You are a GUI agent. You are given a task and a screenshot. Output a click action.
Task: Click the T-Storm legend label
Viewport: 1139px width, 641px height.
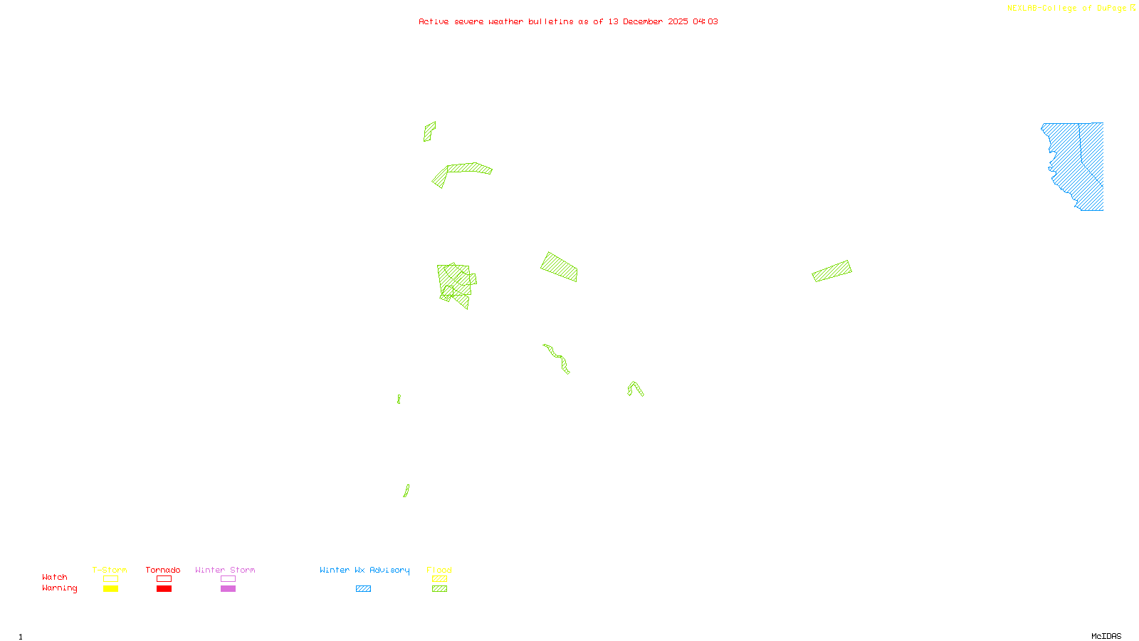[x=110, y=570]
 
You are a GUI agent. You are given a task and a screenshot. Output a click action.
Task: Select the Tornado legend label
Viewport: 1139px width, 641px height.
[x=163, y=570]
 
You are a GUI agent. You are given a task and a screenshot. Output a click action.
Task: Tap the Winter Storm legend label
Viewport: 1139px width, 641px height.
[x=225, y=570]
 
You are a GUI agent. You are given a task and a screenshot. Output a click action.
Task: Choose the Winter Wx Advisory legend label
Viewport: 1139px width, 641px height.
[x=364, y=570]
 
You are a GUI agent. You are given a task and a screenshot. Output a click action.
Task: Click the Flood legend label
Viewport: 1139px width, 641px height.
[x=439, y=570]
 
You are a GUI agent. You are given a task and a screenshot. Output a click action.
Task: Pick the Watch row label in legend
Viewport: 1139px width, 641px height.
[x=55, y=577]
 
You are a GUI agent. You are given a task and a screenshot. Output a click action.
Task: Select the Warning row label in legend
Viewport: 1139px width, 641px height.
[x=60, y=588]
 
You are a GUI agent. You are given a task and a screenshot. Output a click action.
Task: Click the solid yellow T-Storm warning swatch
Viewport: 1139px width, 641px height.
[x=110, y=589]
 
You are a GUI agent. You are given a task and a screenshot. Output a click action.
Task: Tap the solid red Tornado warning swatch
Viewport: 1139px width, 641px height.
[x=164, y=589]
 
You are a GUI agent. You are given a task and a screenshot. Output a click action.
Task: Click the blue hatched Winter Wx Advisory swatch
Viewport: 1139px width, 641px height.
[x=363, y=589]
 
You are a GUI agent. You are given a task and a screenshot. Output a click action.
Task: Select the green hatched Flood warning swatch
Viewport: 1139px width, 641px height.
[x=440, y=589]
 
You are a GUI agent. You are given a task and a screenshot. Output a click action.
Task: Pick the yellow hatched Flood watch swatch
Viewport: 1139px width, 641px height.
[x=440, y=579]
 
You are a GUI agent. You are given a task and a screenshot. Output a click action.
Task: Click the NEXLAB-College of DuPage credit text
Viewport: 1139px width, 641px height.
[x=1066, y=8]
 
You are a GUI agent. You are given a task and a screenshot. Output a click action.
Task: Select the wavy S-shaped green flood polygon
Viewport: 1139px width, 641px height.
[x=557, y=358]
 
